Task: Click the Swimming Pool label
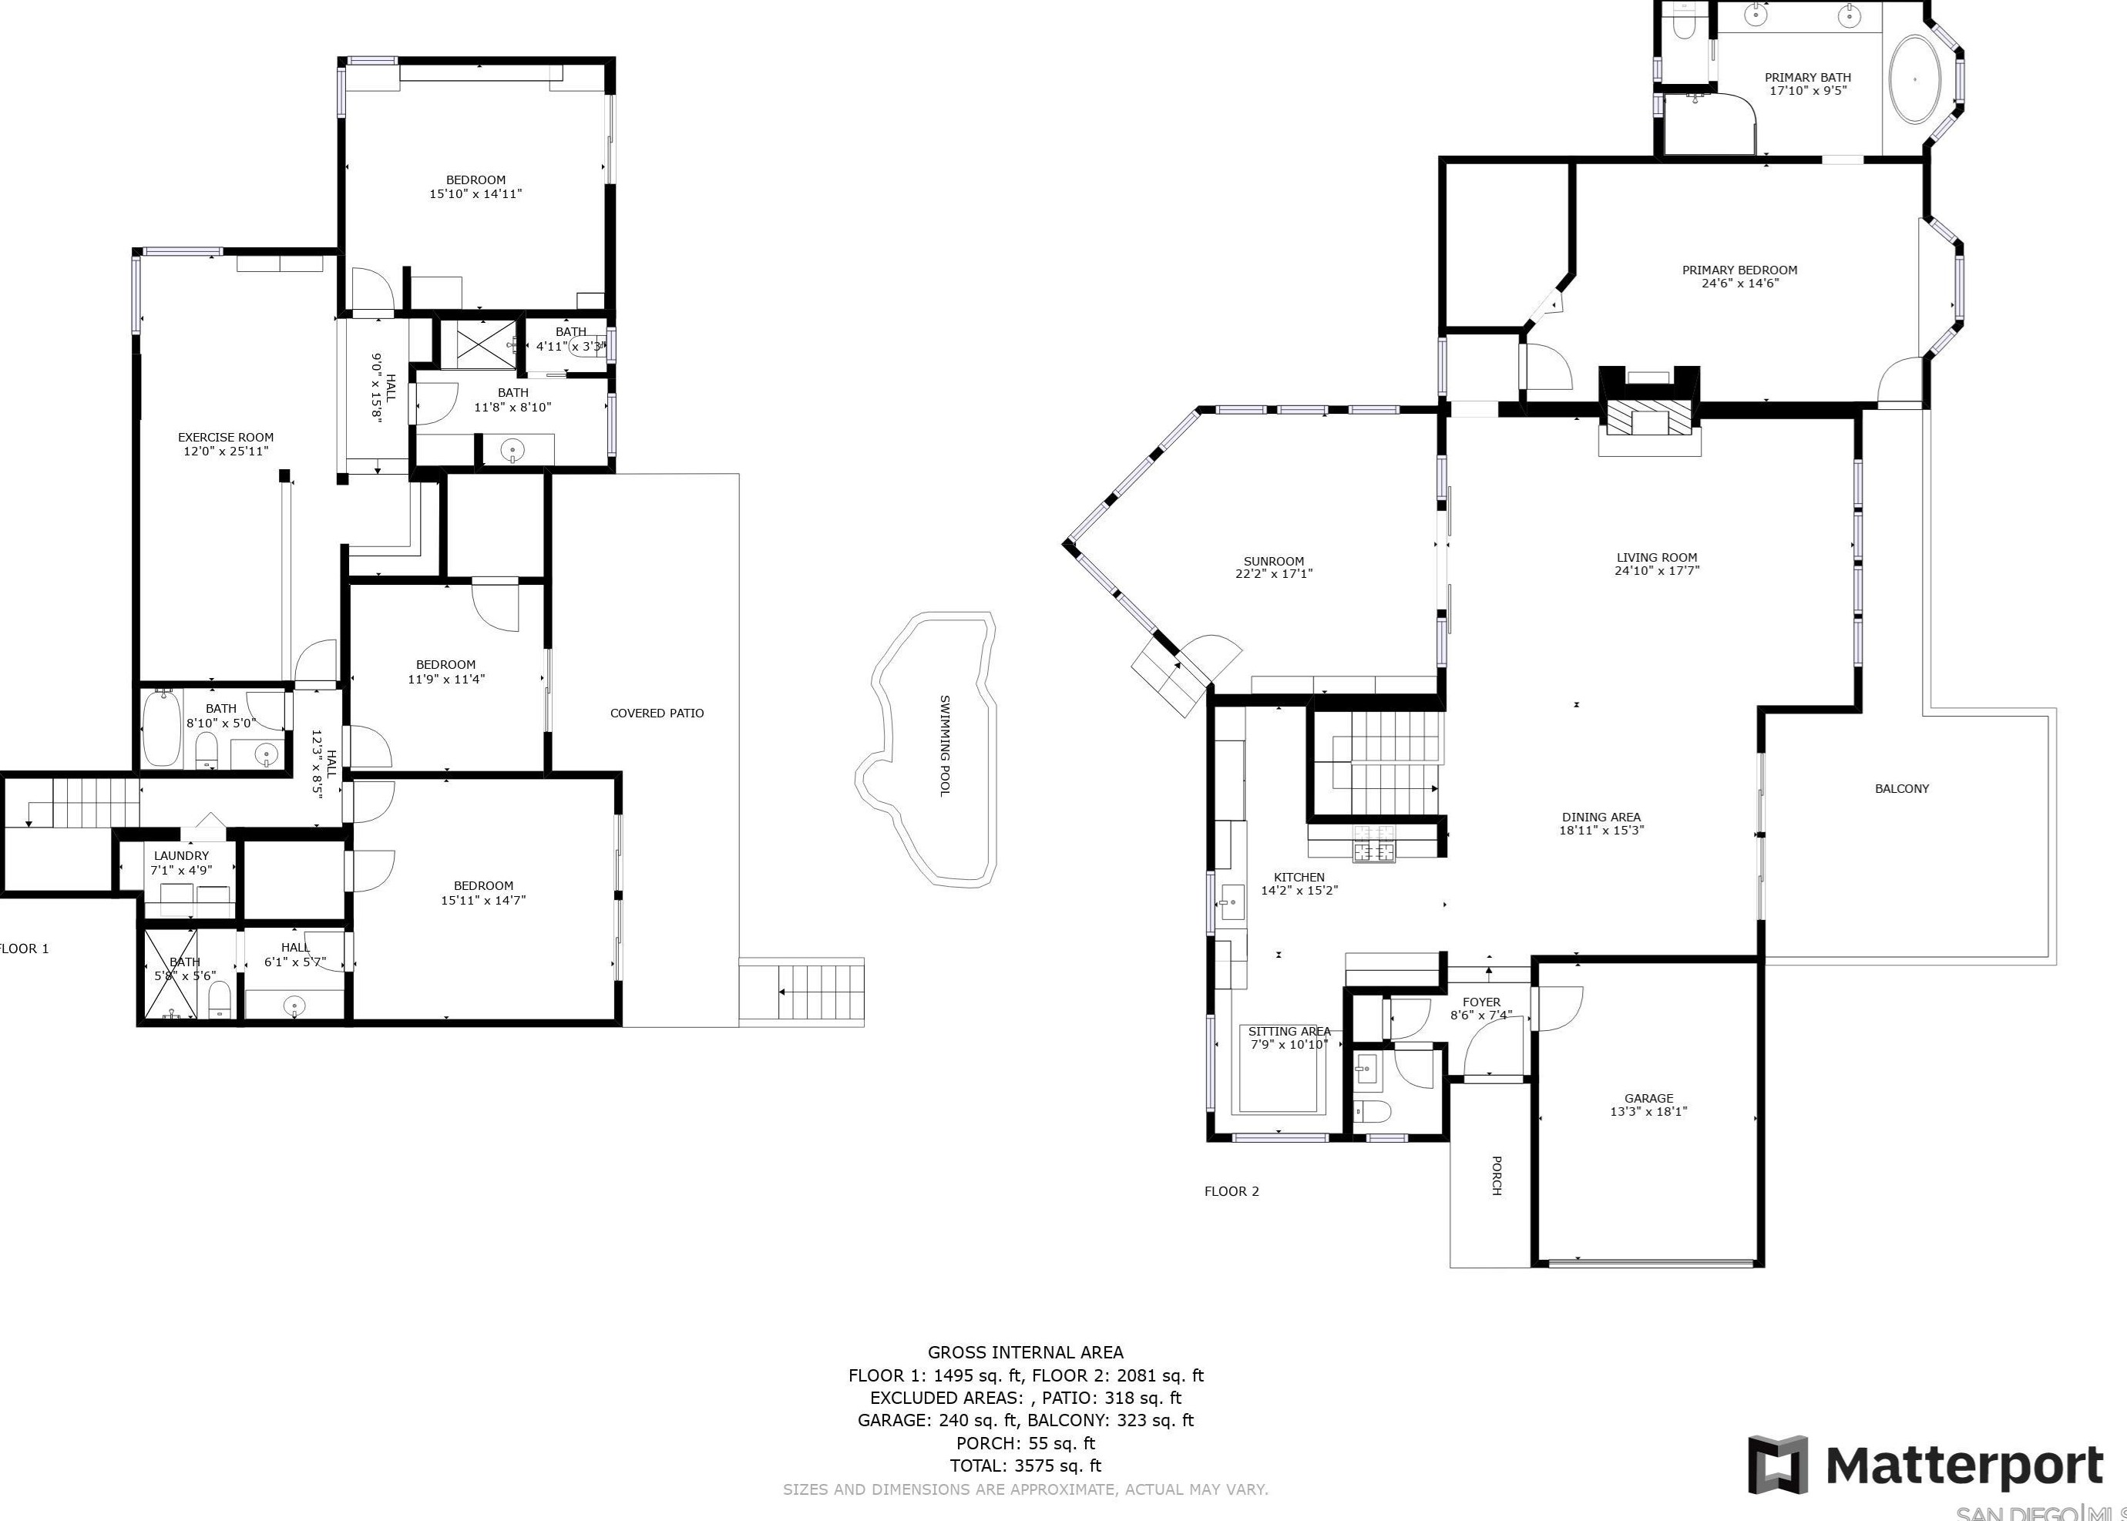tap(945, 746)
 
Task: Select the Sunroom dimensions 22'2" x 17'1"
tap(1273, 574)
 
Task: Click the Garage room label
tap(1648, 1099)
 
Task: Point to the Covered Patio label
tap(657, 713)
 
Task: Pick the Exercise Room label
tap(226, 438)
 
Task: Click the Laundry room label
tap(181, 856)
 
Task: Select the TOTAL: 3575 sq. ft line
tap(1025, 1466)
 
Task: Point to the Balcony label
tap(1901, 788)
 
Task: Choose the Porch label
tap(1496, 1175)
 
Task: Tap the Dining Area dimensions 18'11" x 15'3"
tap(1601, 831)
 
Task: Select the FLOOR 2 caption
tap(1231, 1191)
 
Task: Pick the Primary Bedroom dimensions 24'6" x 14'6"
tap(1739, 284)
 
